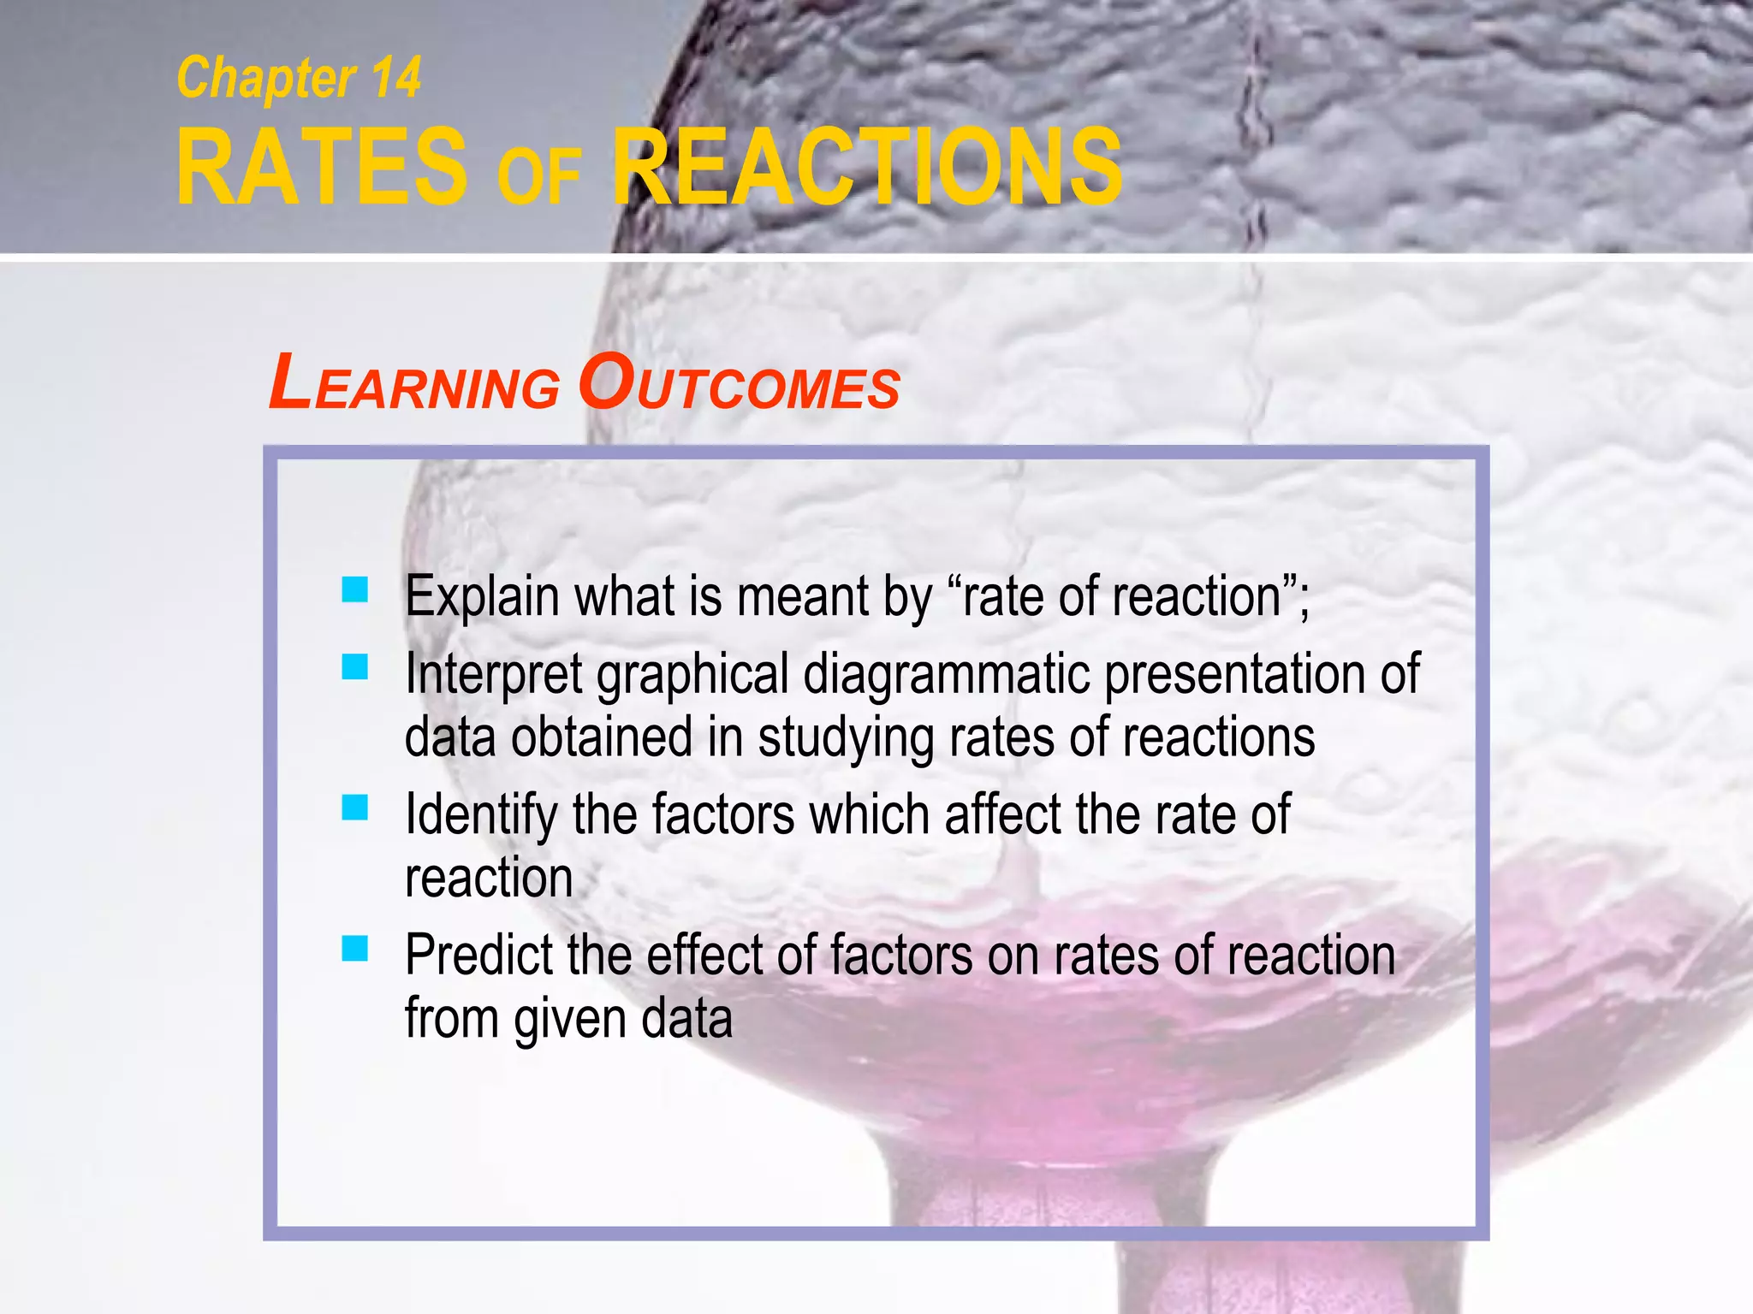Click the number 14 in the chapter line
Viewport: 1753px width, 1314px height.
point(395,79)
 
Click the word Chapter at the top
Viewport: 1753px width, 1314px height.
point(266,79)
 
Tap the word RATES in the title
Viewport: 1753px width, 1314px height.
point(322,166)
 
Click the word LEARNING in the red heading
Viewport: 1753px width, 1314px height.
point(414,384)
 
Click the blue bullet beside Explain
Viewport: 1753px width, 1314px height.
point(354,589)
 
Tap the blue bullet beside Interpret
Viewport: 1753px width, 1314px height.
point(354,666)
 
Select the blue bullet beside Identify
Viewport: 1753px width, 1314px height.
point(354,807)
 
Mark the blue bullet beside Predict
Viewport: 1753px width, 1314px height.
point(354,948)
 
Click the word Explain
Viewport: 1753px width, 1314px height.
point(482,596)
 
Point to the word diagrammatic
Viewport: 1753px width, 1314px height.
point(947,675)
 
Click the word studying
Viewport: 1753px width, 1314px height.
point(847,738)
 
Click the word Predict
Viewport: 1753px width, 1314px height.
point(478,956)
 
